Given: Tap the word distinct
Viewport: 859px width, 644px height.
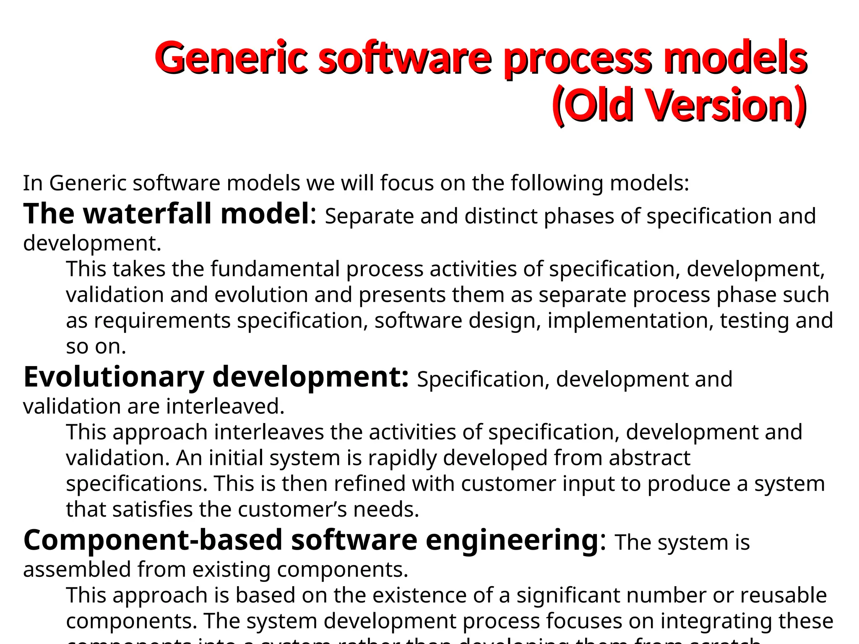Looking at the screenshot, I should point(501,216).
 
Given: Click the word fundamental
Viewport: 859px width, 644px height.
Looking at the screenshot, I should point(275,269).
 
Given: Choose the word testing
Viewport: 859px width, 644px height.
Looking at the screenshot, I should point(755,321).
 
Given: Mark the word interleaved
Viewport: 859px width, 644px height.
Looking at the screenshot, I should point(225,406).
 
